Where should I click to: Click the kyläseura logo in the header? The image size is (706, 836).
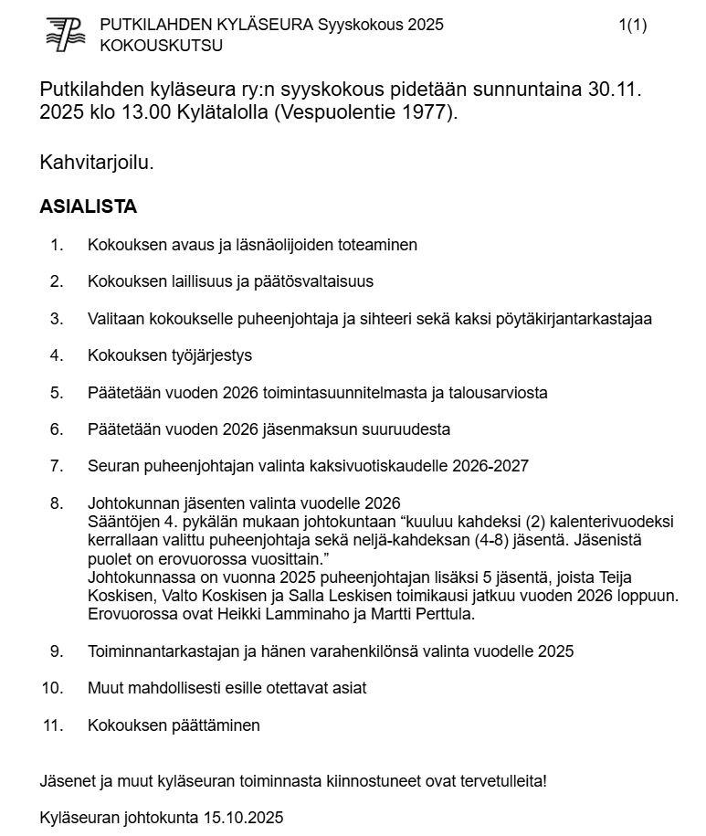pos(65,35)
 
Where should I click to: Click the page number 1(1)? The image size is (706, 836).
pos(632,25)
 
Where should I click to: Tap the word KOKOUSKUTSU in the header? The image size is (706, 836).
pos(148,45)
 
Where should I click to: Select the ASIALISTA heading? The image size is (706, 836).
pos(88,206)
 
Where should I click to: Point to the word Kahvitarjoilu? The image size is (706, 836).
pos(97,163)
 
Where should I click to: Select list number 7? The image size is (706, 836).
pos(57,466)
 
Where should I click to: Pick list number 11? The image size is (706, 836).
pos(53,725)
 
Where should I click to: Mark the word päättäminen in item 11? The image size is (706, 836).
pos(216,725)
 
